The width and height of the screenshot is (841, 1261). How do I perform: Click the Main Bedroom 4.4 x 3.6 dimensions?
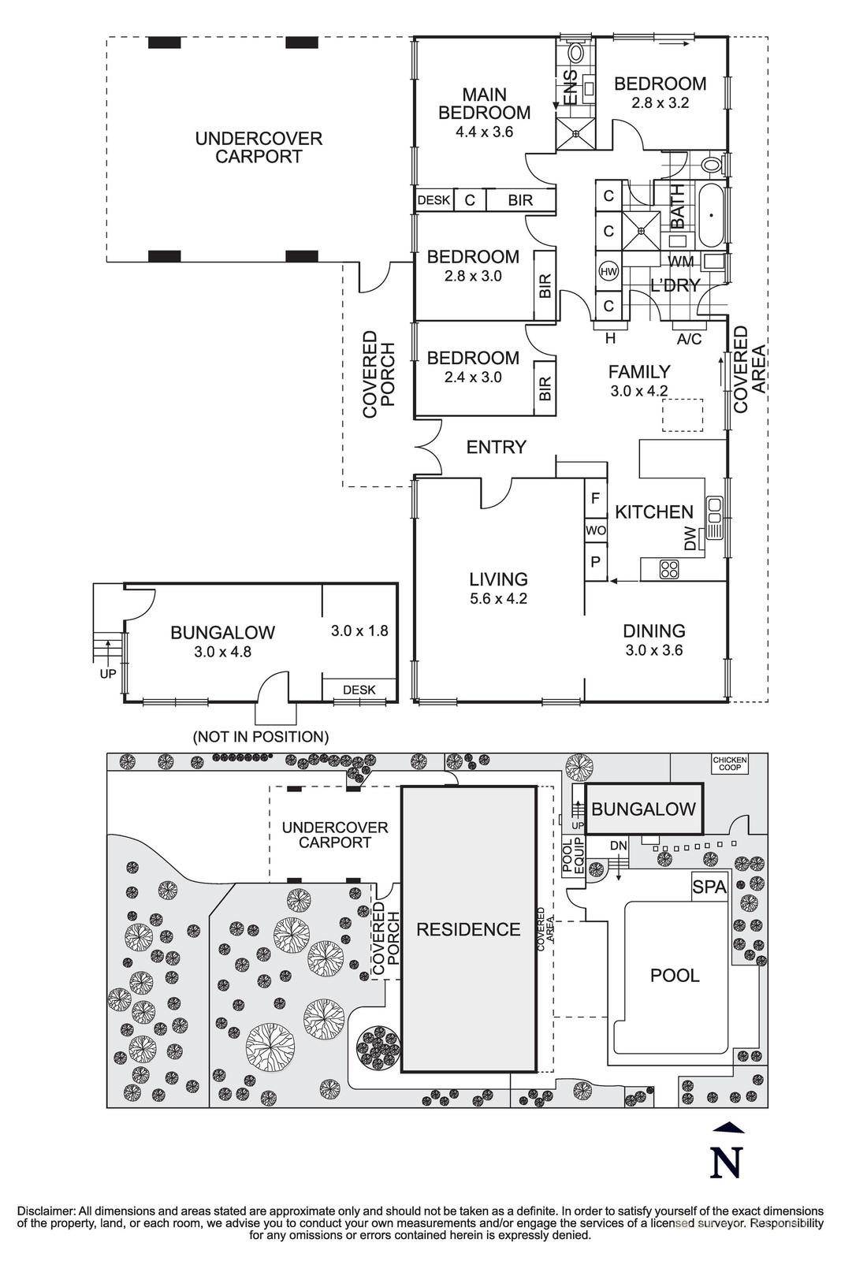coord(484,132)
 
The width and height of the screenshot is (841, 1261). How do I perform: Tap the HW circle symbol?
coord(608,271)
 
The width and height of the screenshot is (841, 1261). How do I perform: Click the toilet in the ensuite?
coord(575,53)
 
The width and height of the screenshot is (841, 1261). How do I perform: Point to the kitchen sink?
coord(714,517)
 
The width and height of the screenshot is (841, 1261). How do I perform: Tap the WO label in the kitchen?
coord(595,530)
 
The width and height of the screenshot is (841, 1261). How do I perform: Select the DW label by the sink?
coord(690,539)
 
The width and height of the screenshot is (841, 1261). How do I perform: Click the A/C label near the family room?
coord(689,339)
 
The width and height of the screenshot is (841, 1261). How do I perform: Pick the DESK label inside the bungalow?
coord(359,690)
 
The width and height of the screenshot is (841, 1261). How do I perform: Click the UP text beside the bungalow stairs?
coord(107,675)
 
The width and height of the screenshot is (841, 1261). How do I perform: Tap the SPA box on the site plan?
coord(709,887)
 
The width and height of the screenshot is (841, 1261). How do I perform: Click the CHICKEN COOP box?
coord(729,763)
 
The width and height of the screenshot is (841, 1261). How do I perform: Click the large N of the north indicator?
coord(727,1162)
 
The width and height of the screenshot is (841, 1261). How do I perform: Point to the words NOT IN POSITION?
coord(261,737)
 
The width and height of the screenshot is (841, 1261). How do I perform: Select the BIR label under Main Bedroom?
coord(520,200)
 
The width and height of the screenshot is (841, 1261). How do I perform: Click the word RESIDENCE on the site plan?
coord(468,929)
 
